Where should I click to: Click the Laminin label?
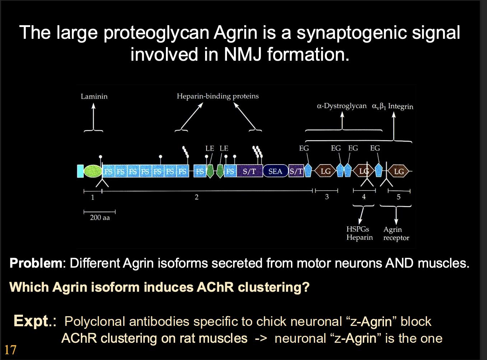[x=94, y=96]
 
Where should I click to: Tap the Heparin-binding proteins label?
[x=218, y=96]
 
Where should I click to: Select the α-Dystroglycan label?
[x=342, y=106]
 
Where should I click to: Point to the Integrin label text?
[x=400, y=106]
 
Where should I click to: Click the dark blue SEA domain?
[x=275, y=171]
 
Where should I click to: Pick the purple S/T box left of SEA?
[x=249, y=171]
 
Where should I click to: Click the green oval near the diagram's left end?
[x=93, y=171]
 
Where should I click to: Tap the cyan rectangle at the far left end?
[x=80, y=171]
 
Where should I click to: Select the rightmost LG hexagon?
[x=399, y=171]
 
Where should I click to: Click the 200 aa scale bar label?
[x=100, y=217]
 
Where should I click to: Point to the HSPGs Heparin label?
[x=359, y=233]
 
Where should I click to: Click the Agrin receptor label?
[x=396, y=234]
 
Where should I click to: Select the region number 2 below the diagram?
[x=196, y=197]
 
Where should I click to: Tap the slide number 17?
[x=10, y=350]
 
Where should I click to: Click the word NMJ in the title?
[x=243, y=55]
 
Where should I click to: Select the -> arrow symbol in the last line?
[x=261, y=338]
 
